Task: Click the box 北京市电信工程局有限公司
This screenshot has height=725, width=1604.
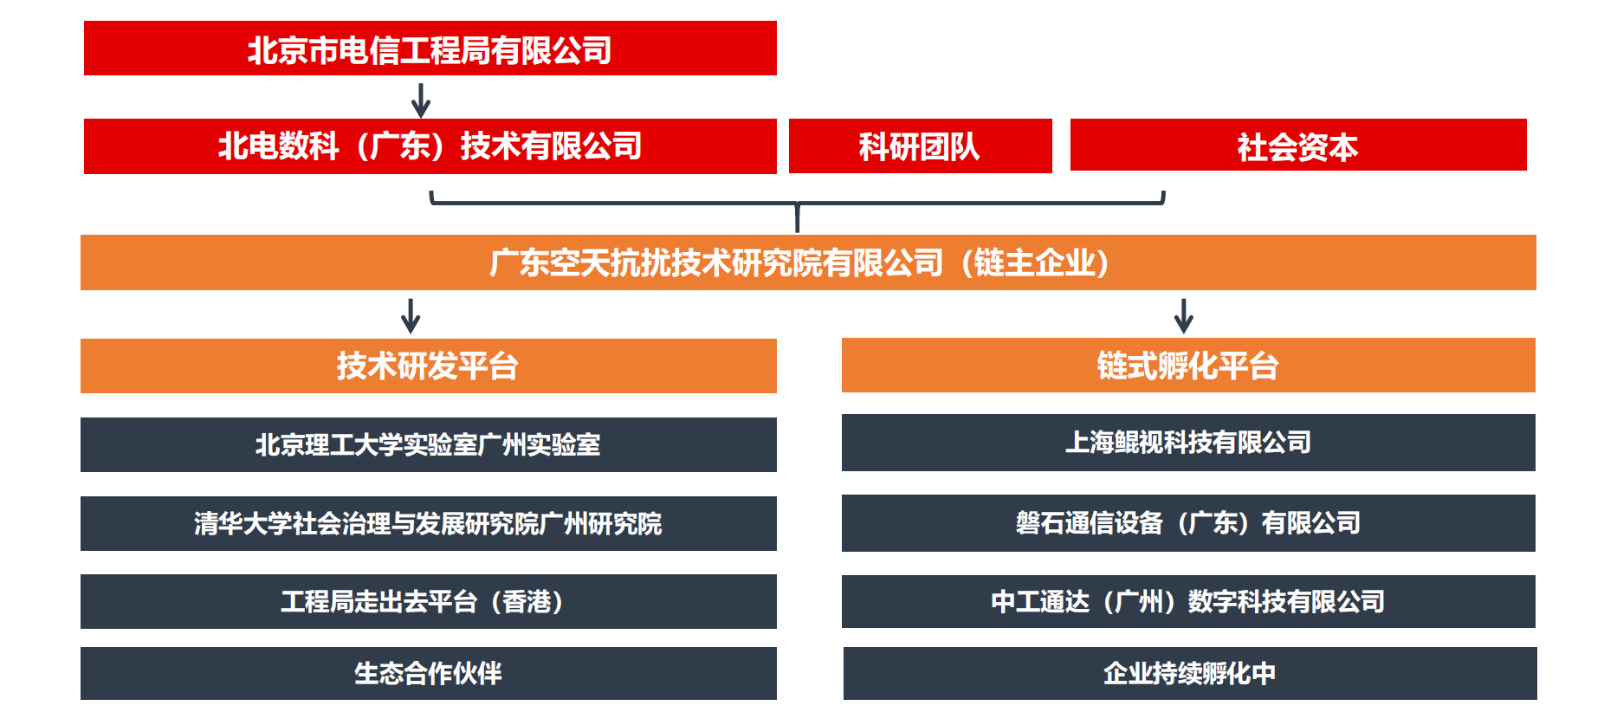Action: point(430,49)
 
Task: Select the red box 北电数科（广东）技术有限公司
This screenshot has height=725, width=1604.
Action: point(430,146)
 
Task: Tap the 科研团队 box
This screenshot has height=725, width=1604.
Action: point(920,146)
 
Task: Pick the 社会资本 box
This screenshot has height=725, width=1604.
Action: point(1298,145)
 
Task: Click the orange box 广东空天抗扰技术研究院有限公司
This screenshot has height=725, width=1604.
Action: point(808,262)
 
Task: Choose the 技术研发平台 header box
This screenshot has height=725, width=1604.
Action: point(429,366)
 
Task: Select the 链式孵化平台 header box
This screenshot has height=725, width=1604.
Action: point(1188,365)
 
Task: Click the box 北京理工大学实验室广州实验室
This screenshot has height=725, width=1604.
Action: point(429,444)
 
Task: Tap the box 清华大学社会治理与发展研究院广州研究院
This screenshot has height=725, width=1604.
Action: point(429,523)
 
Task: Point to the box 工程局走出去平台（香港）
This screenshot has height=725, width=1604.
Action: point(429,601)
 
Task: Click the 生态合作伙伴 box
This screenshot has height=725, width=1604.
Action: point(429,673)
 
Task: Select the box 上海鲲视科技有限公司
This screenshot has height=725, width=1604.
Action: point(1188,443)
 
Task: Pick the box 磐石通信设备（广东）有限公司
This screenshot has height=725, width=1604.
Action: point(1188,523)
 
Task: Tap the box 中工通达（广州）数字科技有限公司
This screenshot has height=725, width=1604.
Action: point(1188,601)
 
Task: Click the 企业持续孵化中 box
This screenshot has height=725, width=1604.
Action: point(1190,673)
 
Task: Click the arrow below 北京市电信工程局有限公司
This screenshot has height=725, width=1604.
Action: point(421,100)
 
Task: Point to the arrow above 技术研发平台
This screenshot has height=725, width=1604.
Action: point(411,316)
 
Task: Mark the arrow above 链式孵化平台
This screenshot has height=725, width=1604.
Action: point(1184,316)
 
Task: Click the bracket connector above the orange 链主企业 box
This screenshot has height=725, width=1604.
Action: point(798,204)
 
